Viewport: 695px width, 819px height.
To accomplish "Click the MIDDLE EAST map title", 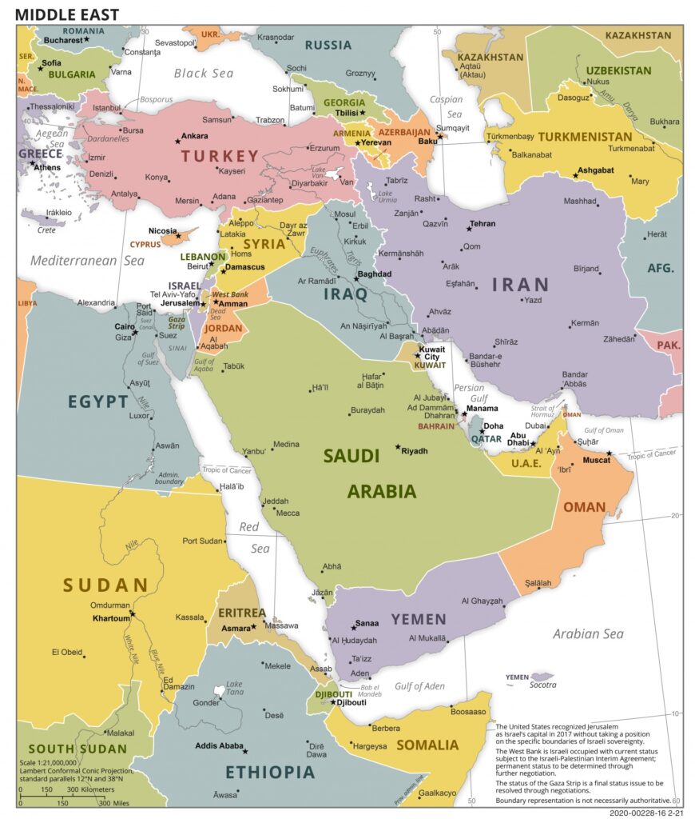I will (x=67, y=14).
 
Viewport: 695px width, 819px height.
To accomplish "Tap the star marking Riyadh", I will (x=398, y=447).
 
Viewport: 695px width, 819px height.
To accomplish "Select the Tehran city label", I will (x=483, y=225).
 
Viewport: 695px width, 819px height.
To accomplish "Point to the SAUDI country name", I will (x=351, y=456).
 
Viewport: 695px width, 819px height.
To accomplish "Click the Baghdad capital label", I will (x=375, y=274).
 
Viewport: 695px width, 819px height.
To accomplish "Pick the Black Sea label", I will (x=204, y=73).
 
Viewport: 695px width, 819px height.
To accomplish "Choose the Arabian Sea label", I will (x=588, y=634).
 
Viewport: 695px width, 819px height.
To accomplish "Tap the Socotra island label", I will (x=542, y=685).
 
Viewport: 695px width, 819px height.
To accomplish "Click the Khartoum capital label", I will (x=110, y=618).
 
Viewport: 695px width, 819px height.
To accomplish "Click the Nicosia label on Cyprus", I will (x=162, y=231).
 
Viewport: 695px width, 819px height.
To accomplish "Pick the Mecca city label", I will (x=288, y=513).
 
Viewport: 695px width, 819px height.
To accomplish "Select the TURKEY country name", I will (x=220, y=156).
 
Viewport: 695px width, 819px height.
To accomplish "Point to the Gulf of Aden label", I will (x=419, y=686).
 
